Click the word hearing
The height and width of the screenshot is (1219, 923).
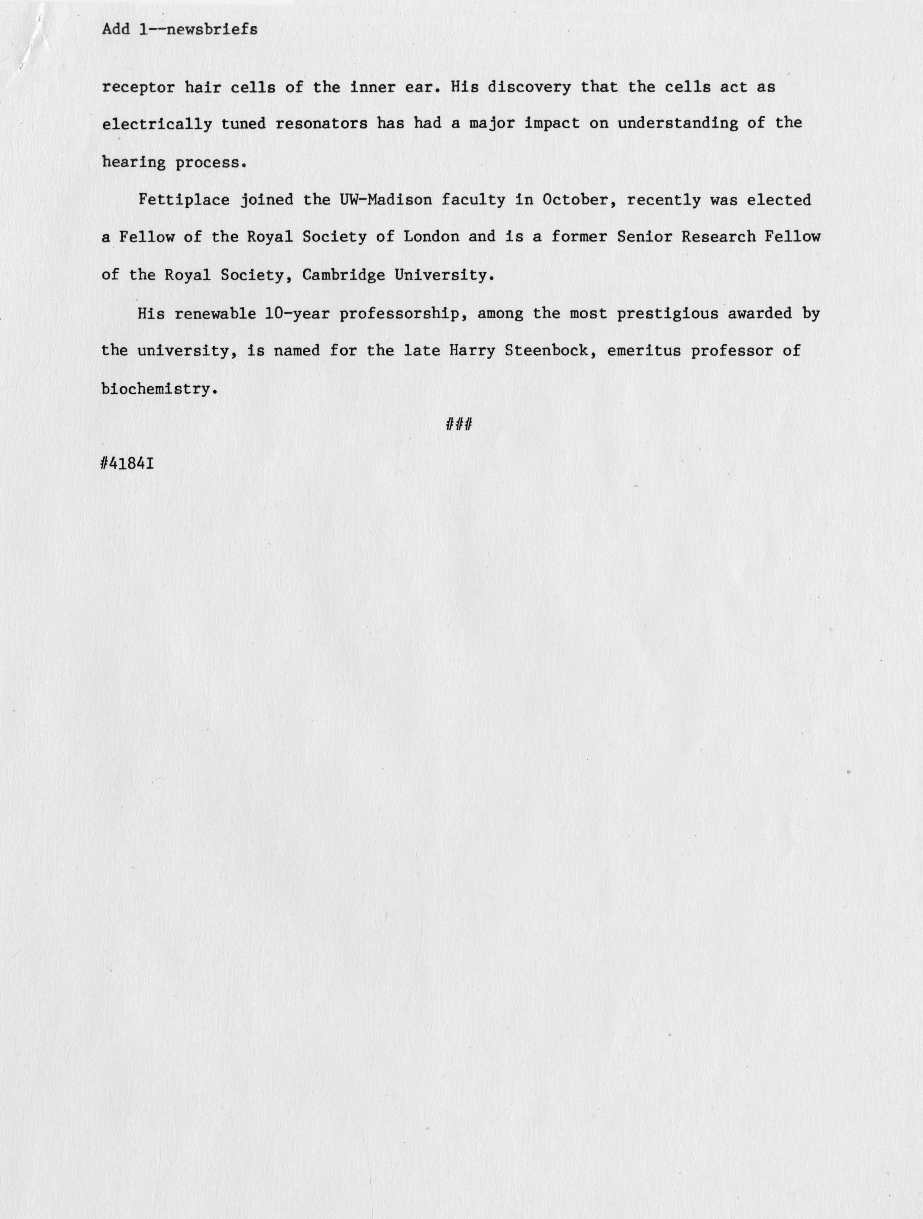click(x=133, y=163)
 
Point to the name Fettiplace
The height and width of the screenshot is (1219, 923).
click(x=184, y=200)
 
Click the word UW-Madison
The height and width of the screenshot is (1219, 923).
click(x=385, y=200)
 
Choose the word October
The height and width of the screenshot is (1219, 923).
click(x=574, y=200)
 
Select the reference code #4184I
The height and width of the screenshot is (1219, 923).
click(x=128, y=463)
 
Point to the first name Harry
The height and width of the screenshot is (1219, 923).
click(x=472, y=350)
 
